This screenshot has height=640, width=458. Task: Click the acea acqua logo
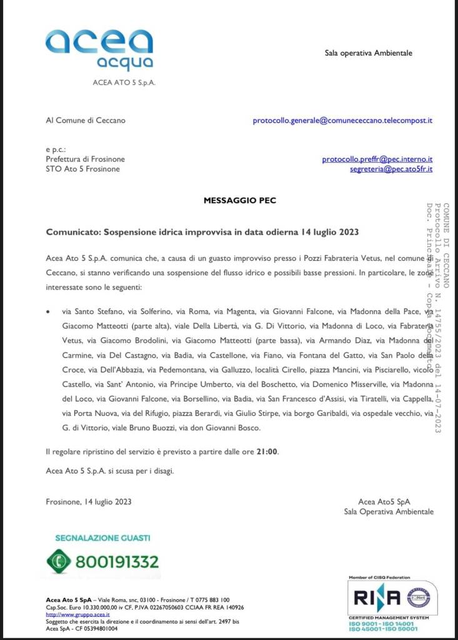tap(99, 49)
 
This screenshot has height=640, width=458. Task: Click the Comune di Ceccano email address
tap(342, 120)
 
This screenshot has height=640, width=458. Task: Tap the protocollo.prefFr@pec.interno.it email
tap(377, 160)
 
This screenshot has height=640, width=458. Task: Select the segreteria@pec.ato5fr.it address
tap(391, 169)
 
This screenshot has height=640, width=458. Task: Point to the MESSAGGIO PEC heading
tap(239, 201)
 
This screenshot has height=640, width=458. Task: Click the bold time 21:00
tap(267, 451)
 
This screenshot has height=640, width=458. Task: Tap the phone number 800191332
tap(117, 561)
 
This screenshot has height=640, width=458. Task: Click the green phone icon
tap(60, 561)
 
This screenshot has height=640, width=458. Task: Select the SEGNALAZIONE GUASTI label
tap(102, 537)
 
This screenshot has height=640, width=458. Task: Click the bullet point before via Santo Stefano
tap(49, 311)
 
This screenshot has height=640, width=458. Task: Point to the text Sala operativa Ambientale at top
tap(368, 53)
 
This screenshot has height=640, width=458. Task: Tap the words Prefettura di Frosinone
tap(85, 160)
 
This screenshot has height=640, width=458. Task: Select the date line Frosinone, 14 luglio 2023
tap(89, 501)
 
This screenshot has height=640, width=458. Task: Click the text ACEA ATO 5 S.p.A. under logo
tap(124, 83)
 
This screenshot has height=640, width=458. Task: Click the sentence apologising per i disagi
tap(110, 470)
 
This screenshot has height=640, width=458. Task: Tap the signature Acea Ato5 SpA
tap(384, 501)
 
